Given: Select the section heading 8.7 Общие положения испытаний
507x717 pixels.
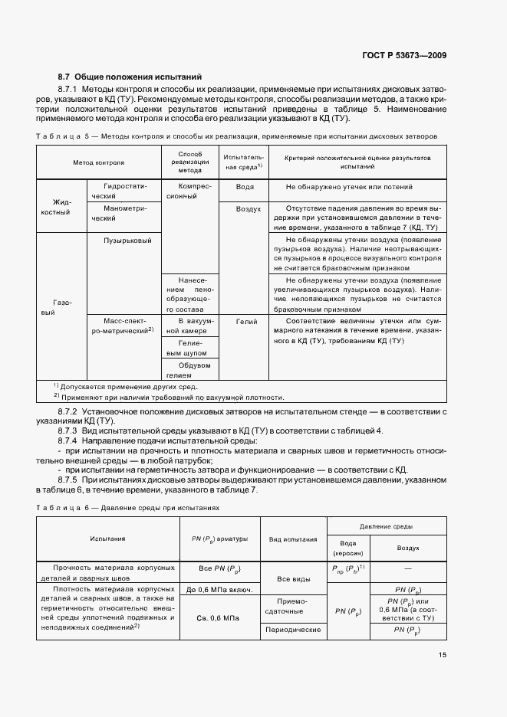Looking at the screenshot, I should pyautogui.click(x=130, y=77).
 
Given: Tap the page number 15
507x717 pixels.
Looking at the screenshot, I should pyautogui.click(x=443, y=654).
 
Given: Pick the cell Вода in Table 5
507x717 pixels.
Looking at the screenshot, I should pyautogui.click(x=245, y=187).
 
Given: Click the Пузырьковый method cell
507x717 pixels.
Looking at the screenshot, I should pyautogui.click(x=127, y=241).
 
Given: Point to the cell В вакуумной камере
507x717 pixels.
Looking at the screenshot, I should pyautogui.click(x=189, y=326).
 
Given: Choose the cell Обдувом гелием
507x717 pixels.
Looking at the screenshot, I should pyautogui.click(x=189, y=370).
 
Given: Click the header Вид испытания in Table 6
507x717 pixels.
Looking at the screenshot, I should pyautogui.click(x=292, y=539).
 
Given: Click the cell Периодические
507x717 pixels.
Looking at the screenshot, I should pyautogui.click(x=292, y=629).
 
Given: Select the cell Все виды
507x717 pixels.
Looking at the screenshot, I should pyautogui.click(x=292, y=580).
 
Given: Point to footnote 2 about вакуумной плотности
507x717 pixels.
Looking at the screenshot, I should pyautogui.click(x=169, y=397).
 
